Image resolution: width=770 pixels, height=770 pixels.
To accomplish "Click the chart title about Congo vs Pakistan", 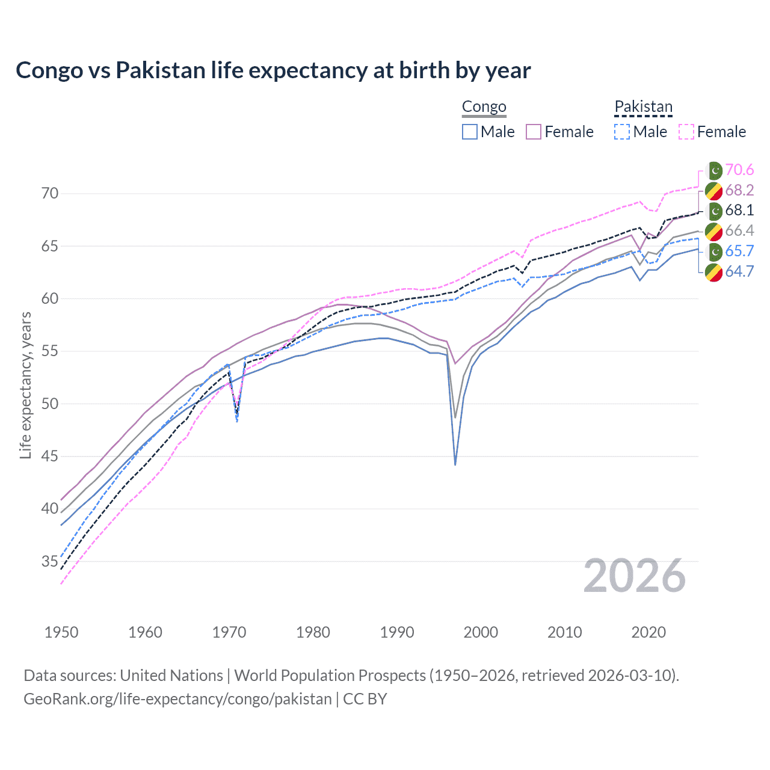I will (273, 70).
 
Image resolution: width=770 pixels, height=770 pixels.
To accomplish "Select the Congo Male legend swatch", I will (470, 132).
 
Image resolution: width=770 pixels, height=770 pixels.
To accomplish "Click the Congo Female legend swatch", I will (534, 132).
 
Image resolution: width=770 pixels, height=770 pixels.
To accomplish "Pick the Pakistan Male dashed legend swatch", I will (622, 132).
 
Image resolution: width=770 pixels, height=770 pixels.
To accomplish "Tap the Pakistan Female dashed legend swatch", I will (686, 132).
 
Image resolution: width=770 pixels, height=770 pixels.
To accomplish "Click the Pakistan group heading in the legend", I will (643, 107).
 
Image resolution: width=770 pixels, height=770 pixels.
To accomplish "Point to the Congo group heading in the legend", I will (484, 107).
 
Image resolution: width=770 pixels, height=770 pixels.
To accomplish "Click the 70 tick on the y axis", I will (50, 194).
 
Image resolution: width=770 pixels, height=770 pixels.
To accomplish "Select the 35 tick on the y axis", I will (50, 562).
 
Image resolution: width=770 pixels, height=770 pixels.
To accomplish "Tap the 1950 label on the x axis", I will (61, 632).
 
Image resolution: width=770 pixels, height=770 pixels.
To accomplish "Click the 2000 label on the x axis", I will (481, 632).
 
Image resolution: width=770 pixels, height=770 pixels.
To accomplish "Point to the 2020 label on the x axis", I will (648, 632).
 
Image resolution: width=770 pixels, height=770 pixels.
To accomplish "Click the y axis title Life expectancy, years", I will (25, 385).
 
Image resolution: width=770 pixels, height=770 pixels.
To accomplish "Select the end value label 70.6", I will (739, 170).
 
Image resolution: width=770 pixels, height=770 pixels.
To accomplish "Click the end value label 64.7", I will (739, 271).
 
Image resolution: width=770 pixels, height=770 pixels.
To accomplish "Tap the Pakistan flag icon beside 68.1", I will (714, 211).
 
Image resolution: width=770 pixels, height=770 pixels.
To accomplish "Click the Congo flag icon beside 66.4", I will (714, 231).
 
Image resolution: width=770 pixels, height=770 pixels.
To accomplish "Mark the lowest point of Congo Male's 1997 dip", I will (455, 464).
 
